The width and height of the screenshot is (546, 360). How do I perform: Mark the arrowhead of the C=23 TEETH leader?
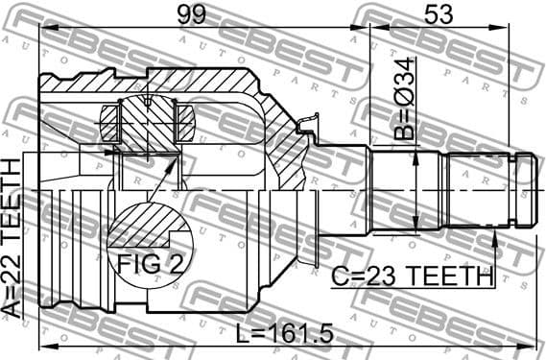coord(494,235)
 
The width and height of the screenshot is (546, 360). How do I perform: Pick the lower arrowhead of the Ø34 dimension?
coord(415,228)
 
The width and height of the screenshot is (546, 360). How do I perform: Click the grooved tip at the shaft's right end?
coord(525,190)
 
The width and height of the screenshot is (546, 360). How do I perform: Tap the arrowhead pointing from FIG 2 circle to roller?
coord(175,158)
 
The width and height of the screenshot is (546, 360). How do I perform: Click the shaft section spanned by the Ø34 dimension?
coord(403,190)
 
